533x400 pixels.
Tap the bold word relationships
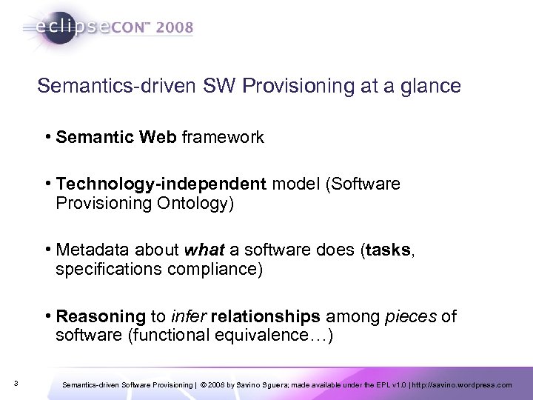(266, 317)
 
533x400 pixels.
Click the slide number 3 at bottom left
(16, 383)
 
